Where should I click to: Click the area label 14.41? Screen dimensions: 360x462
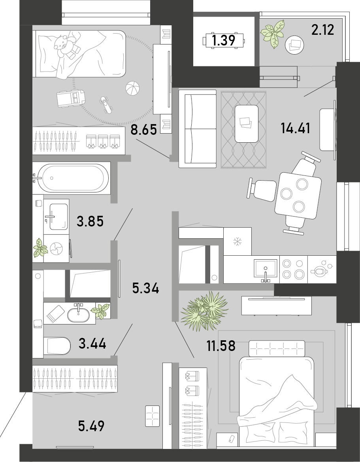point(296,128)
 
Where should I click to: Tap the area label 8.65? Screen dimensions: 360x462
point(144,130)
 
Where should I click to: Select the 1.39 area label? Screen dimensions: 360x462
point(224,40)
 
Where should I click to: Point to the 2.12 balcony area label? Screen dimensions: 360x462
point(323,30)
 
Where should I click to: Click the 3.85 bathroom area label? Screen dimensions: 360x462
point(90,221)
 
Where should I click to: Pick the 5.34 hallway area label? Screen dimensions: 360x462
point(146,289)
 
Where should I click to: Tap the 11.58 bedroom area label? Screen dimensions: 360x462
point(221,346)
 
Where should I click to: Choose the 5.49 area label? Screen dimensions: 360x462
point(91,426)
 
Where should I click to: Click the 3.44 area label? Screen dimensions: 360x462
point(92,343)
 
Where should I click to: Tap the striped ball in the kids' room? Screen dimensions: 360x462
point(132,88)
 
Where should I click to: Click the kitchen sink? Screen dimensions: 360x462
point(266,269)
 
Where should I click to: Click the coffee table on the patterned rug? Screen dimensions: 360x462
point(247,124)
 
